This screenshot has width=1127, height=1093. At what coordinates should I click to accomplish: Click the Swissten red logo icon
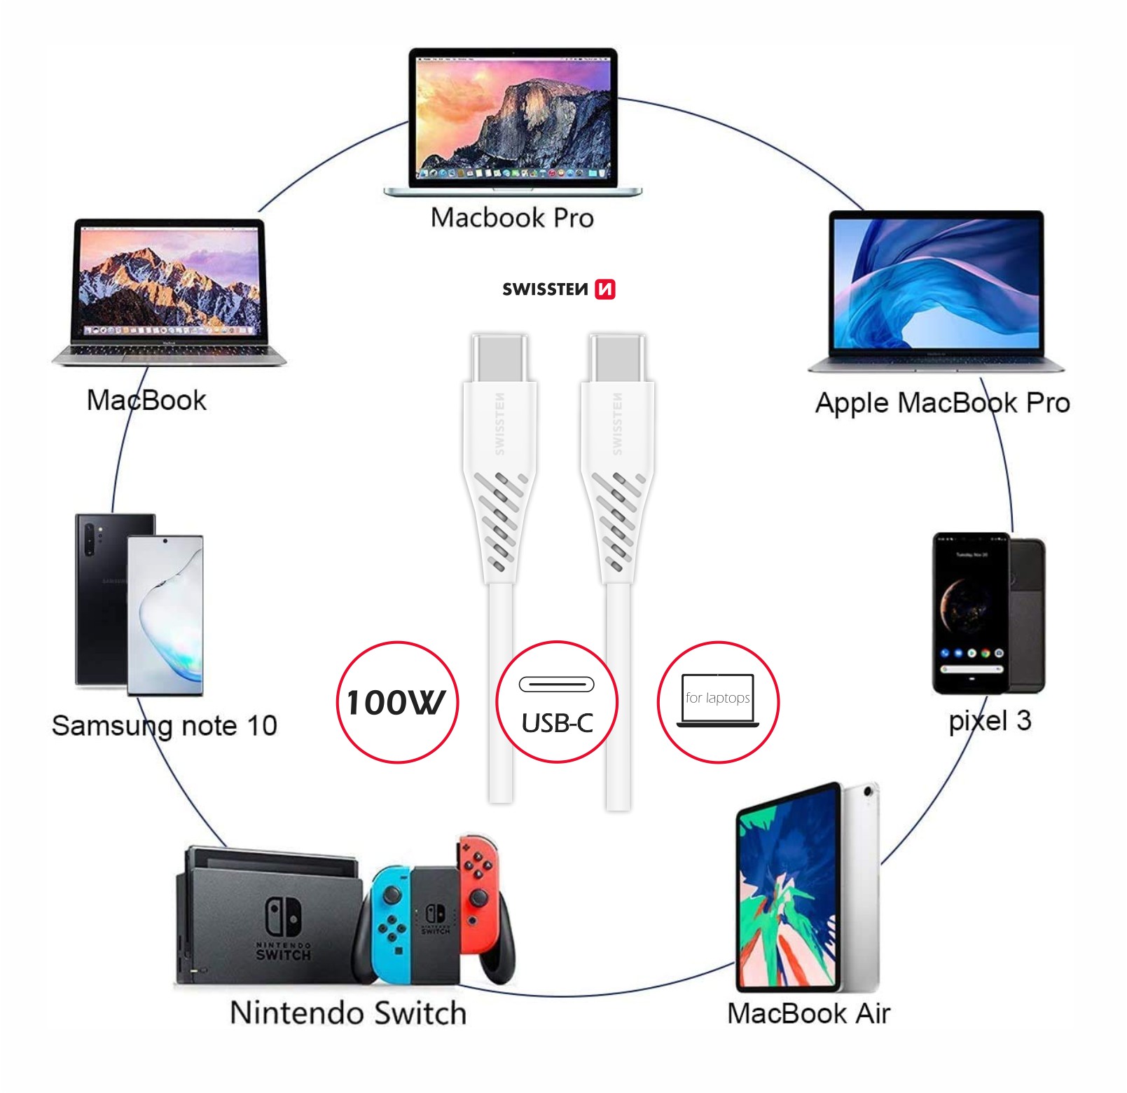604,289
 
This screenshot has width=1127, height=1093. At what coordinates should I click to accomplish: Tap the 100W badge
397,702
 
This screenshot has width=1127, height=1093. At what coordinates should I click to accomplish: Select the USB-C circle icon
557,702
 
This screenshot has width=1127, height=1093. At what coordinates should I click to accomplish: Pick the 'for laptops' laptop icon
718,701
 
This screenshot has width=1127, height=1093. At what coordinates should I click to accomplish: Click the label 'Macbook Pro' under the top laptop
512,218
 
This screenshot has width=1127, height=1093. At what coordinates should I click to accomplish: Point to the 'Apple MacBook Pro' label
942,403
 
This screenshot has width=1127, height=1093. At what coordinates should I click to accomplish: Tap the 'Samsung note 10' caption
165,726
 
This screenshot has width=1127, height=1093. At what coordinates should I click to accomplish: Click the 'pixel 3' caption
989,721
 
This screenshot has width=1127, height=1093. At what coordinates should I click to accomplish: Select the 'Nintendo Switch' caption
348,1013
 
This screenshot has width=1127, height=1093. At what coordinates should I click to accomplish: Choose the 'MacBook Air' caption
808,1013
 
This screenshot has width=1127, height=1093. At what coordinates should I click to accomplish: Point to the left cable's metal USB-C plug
499,357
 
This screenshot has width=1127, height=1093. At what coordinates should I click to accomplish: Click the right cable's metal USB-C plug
617,357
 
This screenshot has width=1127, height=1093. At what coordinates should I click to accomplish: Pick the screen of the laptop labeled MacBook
168,280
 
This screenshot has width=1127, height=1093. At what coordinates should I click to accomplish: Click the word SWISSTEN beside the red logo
545,289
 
